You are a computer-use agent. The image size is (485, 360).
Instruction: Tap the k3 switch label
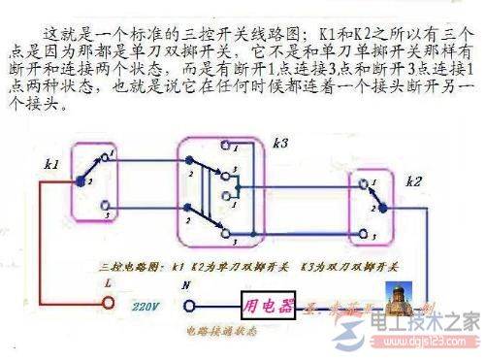(x=281, y=143)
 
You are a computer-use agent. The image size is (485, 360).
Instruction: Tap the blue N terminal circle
(x=186, y=303)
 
